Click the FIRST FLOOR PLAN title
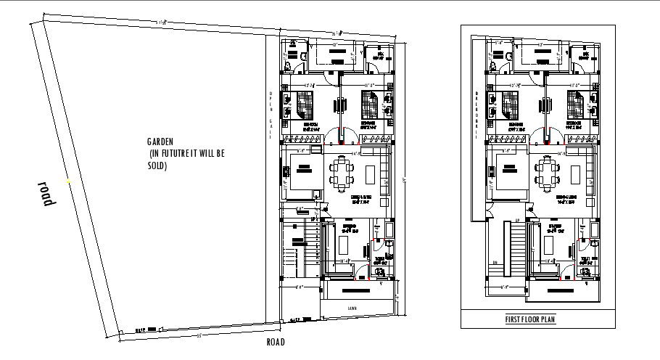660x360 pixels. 530,319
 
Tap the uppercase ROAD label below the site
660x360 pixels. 276,343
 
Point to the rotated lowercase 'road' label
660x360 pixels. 47,194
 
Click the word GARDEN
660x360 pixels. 160,142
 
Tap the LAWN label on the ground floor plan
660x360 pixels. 352,307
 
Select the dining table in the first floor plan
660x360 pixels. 547,173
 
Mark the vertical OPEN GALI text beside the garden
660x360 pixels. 271,109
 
